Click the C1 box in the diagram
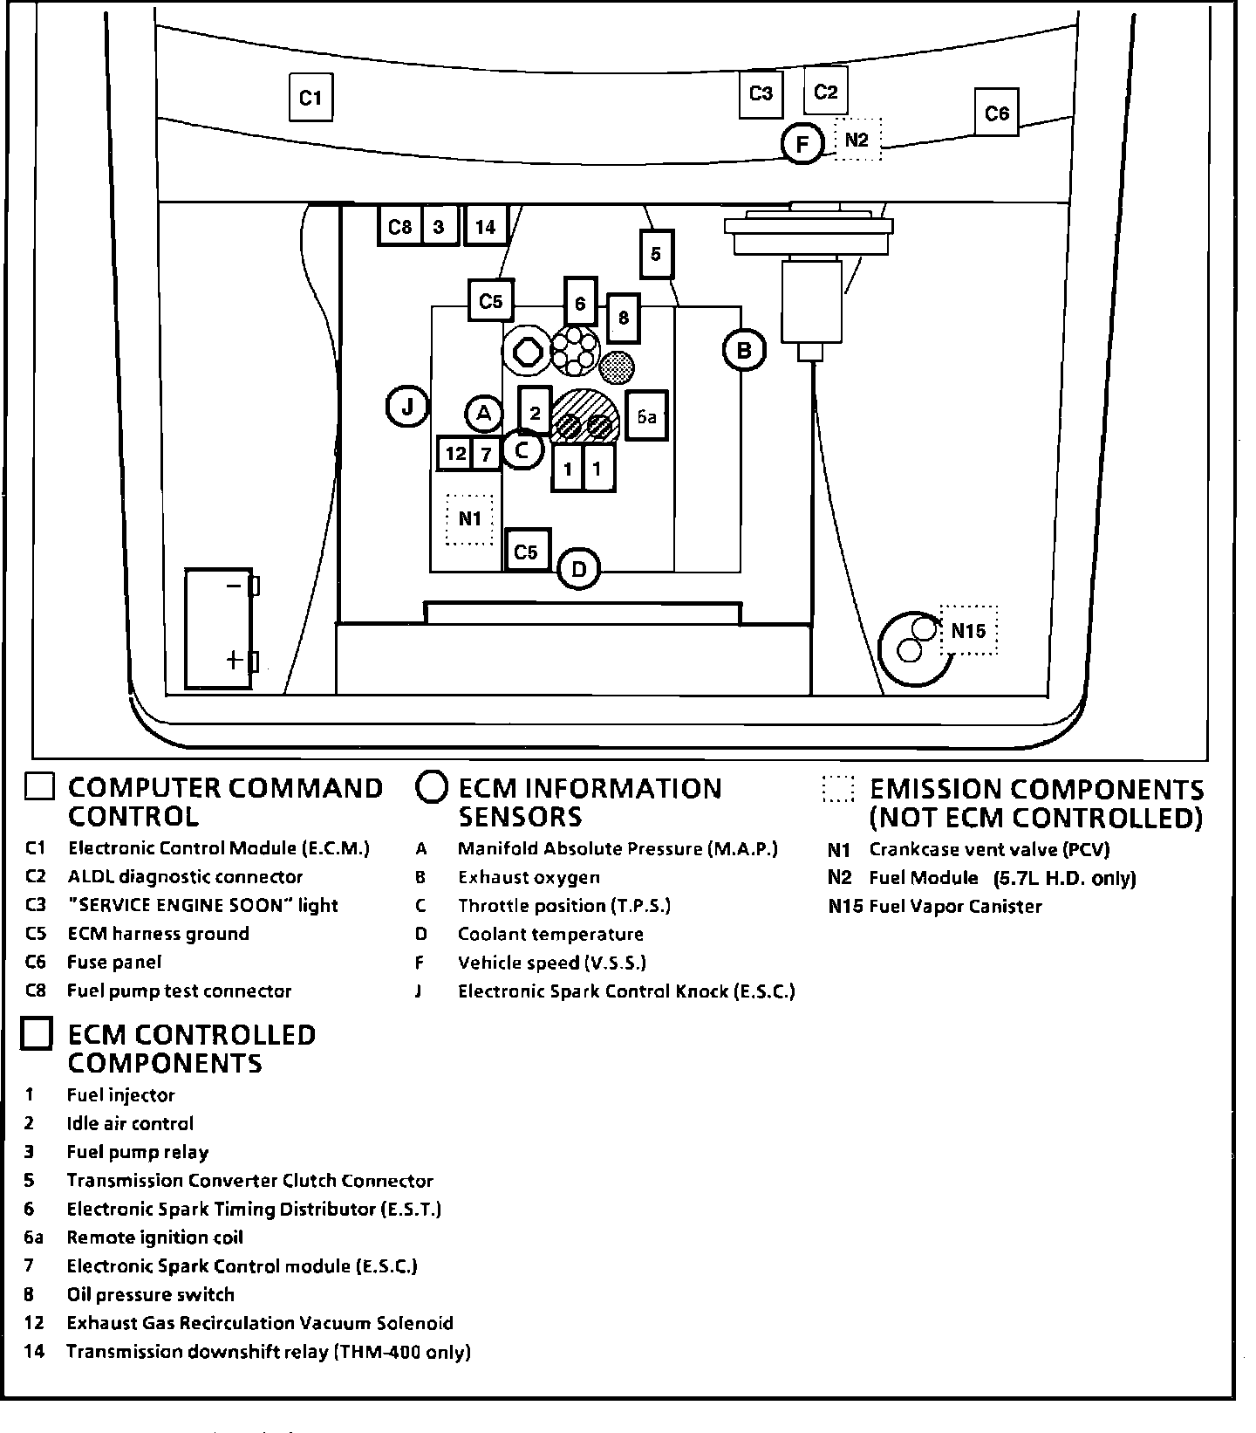click(311, 98)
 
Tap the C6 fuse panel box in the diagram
click(996, 113)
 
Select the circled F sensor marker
click(802, 143)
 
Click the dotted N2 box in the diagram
click(857, 140)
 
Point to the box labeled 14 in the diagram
click(485, 227)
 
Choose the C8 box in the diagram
click(399, 227)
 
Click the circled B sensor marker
click(744, 351)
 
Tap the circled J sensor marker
click(407, 407)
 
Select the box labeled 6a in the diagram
click(646, 416)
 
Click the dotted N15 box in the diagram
click(968, 631)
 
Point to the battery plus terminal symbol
click(234, 660)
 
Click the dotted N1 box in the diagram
click(469, 519)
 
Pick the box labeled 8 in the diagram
click(623, 318)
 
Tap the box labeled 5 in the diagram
click(656, 254)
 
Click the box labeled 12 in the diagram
click(455, 454)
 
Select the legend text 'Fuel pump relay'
click(138, 1153)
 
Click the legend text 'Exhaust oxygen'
click(529, 878)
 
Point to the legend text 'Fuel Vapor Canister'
click(955, 907)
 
